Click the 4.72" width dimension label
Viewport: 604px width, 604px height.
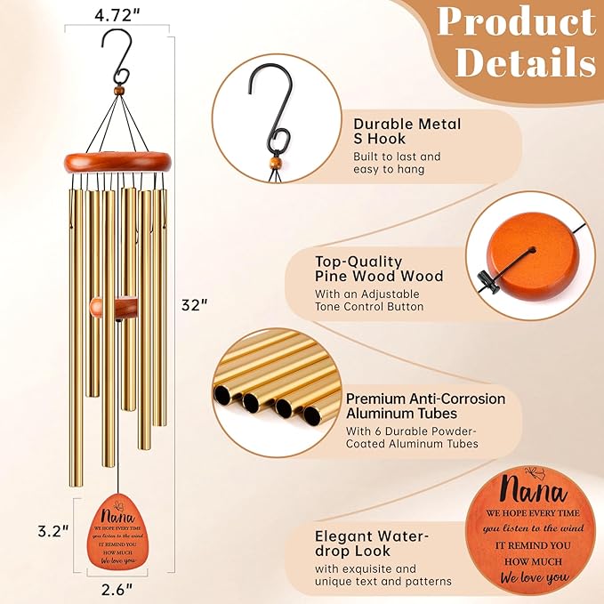pos(117,15)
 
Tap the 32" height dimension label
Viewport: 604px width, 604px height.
pos(195,305)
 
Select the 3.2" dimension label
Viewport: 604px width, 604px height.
pos(53,532)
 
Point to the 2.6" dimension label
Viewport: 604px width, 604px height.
pos(117,589)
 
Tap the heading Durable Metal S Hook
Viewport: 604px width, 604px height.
pos(407,132)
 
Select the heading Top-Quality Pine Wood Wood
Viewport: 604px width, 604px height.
pos(379,269)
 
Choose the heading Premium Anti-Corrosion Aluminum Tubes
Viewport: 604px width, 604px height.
pos(426,406)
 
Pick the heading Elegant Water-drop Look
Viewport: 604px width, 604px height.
pos(372,544)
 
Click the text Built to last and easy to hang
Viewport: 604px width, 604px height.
pos(397,163)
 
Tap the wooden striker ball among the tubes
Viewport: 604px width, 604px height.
pos(96,308)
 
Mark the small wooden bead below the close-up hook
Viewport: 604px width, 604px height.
pos(274,161)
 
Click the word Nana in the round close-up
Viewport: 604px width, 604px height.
pos(535,490)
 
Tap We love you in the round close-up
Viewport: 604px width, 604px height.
pos(535,577)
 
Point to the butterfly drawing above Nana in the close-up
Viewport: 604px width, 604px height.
pos(535,472)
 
